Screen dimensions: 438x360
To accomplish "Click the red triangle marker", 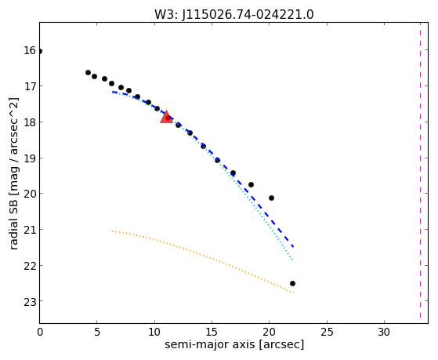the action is tap(166, 117).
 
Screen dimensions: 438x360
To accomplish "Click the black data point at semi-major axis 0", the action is tap(40, 51).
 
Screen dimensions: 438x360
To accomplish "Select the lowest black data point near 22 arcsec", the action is tap(292, 284).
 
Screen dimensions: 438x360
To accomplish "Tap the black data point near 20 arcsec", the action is tap(271, 198).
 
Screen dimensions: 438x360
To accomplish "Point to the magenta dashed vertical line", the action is tap(420, 170).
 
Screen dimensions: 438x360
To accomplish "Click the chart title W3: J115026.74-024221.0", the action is tap(234, 14).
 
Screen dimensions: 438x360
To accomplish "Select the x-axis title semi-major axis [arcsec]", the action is tap(234, 344).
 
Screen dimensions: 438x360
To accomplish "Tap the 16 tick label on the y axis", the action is tap(30, 51).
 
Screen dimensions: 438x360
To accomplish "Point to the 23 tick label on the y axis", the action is tap(30, 302).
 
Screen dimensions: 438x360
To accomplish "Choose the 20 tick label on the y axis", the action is tap(30, 194).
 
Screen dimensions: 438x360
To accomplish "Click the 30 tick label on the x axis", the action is tap(384, 332).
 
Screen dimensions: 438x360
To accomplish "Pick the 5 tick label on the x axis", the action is tap(96, 332).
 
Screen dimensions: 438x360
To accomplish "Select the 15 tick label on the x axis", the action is tap(212, 332).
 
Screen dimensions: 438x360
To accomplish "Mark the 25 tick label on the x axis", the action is tap(327, 332).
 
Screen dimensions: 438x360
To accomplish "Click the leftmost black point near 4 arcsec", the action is tap(88, 72).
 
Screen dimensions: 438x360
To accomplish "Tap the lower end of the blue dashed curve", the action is tap(293, 247).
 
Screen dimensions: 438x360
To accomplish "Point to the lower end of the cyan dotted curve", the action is tap(292, 260).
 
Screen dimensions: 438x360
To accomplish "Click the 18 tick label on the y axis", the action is tap(30, 122).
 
